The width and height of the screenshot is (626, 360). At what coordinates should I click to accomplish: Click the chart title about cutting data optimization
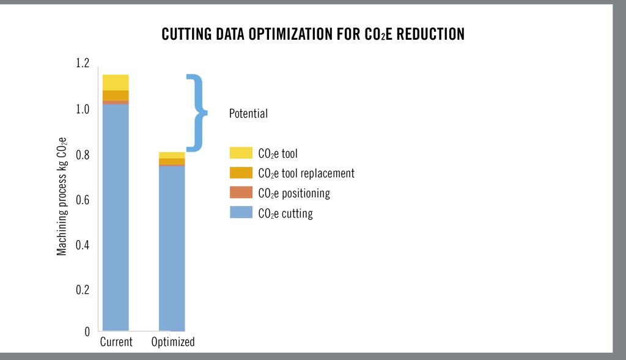pos(313,34)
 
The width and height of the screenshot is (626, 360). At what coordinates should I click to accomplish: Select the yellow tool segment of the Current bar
pos(116,83)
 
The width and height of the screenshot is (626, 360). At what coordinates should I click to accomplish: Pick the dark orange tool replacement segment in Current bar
pos(116,95)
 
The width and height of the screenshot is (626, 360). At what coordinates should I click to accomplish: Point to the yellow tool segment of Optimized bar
pos(172,155)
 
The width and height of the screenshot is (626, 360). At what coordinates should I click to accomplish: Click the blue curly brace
pos(196,112)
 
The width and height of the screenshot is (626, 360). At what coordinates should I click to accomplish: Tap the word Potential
pos(248,114)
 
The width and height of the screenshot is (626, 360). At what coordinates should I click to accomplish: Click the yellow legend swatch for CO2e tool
pos(241,153)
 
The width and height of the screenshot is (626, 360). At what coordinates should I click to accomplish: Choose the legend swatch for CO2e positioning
pos(241,193)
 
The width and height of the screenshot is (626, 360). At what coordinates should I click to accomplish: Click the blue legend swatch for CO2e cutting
pos(241,213)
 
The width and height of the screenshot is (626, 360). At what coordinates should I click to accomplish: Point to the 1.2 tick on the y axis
pos(82,63)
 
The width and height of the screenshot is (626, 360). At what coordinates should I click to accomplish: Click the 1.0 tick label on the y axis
pos(82,109)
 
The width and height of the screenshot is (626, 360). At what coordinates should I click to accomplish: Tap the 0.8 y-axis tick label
pos(82,155)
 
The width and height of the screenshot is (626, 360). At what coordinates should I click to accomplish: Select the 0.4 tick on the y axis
pos(82,245)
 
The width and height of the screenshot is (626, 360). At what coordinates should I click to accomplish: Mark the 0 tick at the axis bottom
pos(87,332)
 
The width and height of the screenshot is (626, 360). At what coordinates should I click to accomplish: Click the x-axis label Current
pos(116,342)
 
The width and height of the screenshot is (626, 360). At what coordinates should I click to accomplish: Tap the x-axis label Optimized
pos(173,342)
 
